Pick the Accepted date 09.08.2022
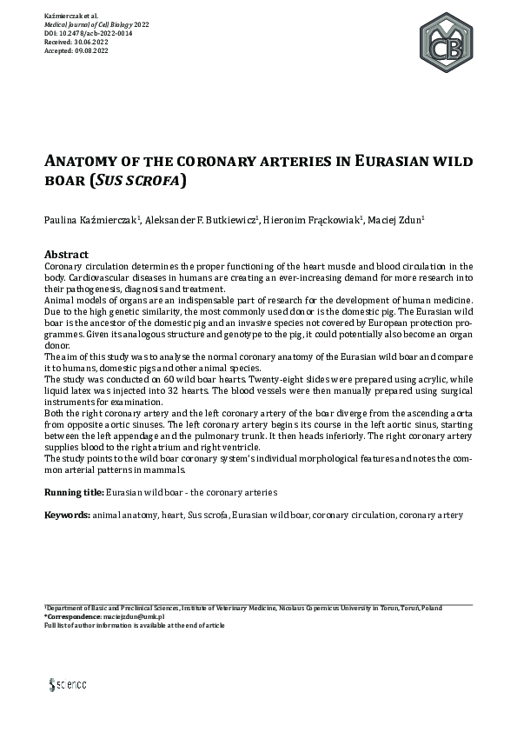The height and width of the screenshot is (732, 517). point(92,50)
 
